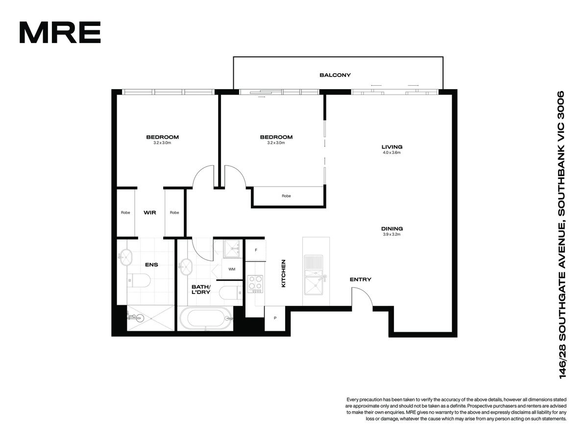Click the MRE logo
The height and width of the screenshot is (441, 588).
60,32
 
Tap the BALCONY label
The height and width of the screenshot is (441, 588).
335,75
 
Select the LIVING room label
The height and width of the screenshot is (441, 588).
392,147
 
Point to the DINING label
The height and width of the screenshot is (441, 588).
392,229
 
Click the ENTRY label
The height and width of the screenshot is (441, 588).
360,279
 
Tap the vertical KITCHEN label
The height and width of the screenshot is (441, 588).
283,273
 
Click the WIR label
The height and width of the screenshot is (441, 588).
150,213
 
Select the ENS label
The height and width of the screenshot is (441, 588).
151,265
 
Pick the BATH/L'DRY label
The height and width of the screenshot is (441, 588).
201,290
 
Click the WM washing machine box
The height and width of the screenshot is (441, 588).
232,269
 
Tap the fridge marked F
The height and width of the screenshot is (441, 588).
256,250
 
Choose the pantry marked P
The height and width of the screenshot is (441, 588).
275,318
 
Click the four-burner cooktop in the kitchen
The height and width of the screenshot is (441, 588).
255,284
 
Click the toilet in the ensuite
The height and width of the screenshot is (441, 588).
139,280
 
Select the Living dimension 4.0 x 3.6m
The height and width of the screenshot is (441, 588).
392,152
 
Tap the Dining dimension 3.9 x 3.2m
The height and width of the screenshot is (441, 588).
392,234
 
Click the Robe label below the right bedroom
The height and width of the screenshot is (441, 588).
286,196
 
